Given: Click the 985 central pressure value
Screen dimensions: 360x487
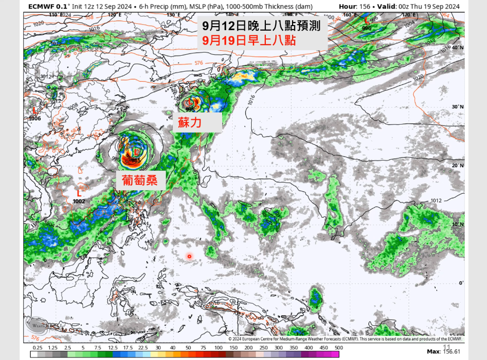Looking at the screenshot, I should [136, 160].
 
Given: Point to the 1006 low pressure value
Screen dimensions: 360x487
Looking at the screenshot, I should [35, 118].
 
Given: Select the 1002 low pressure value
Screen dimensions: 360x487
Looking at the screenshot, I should [79, 201].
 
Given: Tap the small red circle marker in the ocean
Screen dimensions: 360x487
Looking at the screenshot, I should [189, 256].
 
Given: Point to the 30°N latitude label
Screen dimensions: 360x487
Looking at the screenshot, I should [456, 107].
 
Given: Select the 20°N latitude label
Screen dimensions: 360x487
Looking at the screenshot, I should [456, 166].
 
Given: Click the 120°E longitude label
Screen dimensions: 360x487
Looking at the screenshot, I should [114, 15].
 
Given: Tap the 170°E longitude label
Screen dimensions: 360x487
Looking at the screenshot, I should [407, 15].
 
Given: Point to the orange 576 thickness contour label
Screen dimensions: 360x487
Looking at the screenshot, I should [198, 63].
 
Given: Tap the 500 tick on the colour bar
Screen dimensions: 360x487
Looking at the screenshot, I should [338, 347].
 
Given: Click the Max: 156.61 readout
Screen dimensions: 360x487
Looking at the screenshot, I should [443, 350].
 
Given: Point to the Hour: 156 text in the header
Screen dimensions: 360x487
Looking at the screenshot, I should [356, 6].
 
